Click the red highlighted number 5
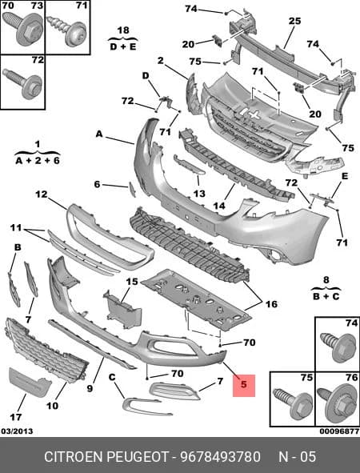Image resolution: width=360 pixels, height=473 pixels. [x=244, y=384]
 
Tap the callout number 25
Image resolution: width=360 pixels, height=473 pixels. [x=294, y=21]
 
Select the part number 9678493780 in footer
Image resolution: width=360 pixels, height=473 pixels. [x=220, y=457]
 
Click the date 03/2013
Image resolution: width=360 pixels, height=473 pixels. [x=17, y=431]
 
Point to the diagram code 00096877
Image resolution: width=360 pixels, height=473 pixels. [x=339, y=431]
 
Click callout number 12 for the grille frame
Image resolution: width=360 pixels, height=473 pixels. [x=42, y=194]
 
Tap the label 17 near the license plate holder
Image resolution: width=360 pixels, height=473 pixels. [x=16, y=417]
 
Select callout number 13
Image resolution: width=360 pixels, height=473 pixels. [x=199, y=194]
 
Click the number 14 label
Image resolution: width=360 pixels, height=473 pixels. [x=219, y=206]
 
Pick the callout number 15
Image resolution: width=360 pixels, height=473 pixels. [x=132, y=282]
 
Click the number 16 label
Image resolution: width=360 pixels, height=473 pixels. [x=271, y=304]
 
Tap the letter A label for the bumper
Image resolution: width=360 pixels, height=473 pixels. [x=99, y=134]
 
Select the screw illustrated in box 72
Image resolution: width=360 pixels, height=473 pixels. [x=22, y=83]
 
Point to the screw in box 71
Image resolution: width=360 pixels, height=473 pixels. [x=67, y=30]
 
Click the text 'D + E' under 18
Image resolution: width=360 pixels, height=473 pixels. [x=123, y=46]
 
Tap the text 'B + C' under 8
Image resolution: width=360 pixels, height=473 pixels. [x=326, y=296]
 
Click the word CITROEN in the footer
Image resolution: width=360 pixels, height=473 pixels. [x=73, y=457]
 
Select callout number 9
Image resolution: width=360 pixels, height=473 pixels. [x=90, y=388]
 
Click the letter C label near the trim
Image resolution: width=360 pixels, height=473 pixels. [x=112, y=377]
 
